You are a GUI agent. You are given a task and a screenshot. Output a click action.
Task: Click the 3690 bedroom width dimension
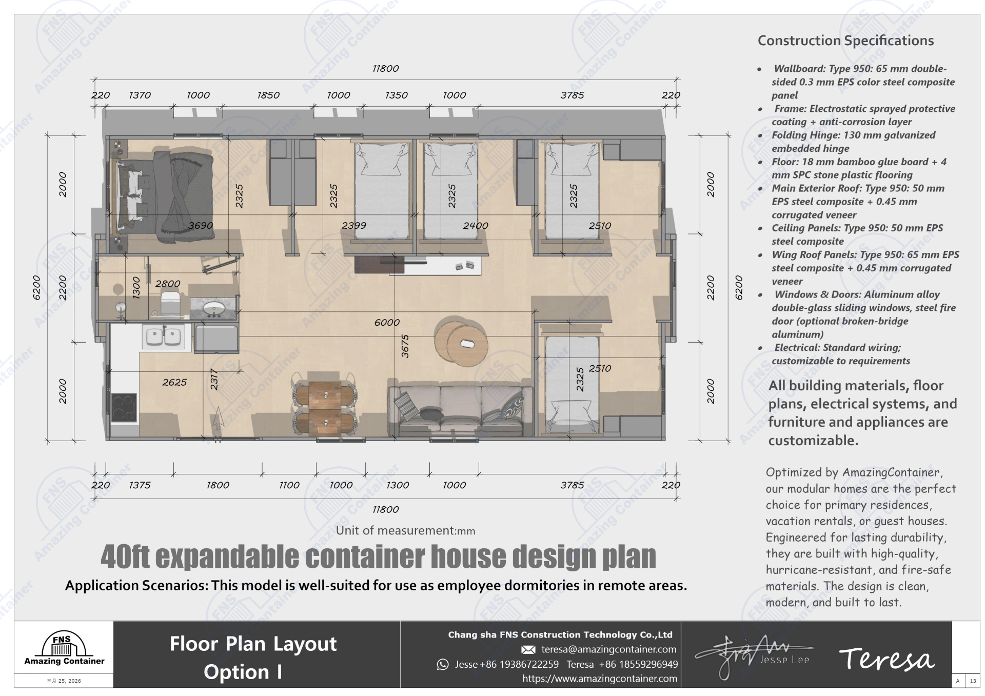pos(200,226)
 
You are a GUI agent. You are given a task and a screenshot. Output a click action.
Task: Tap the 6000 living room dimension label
pos(386,323)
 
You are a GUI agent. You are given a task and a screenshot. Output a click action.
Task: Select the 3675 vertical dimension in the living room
pos(405,346)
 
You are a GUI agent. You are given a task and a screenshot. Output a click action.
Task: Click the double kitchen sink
pos(164,337)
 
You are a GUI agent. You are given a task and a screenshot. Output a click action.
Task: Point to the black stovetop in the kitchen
pos(124,407)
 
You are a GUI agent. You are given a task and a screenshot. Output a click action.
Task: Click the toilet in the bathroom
pos(170,302)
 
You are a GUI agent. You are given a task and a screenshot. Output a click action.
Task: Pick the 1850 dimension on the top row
pos(268,95)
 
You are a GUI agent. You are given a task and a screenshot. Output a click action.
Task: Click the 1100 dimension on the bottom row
pos(289,485)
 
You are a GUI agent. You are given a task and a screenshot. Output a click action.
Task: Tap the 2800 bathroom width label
pos(168,284)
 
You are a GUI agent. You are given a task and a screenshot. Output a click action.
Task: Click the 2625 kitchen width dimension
pos(174,383)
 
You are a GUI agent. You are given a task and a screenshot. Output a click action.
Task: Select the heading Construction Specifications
pos(845,41)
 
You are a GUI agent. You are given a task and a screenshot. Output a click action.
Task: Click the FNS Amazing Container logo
pos(64,651)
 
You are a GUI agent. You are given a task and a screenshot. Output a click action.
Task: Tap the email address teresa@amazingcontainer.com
pos(608,649)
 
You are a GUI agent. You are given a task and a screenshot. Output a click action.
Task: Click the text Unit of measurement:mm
pos(405,531)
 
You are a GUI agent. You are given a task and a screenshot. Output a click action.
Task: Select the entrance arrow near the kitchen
pos(218,418)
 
